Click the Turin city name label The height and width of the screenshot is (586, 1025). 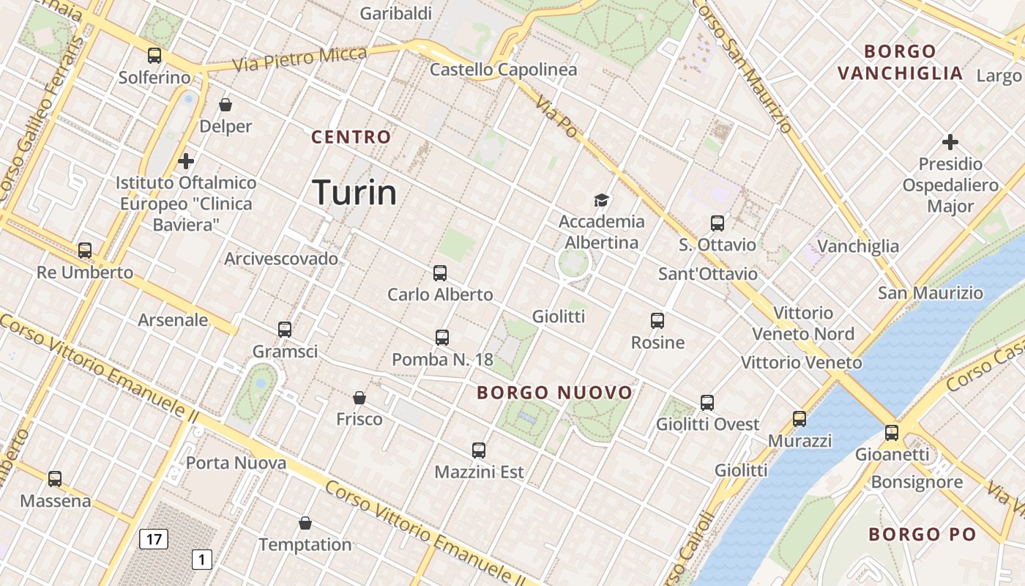tap(355, 193)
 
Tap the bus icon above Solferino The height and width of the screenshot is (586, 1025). tap(154, 55)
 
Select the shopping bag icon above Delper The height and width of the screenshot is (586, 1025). tap(225, 105)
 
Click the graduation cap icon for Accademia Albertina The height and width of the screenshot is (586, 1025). tap(602, 200)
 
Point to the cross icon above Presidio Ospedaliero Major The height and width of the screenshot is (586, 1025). tap(950, 141)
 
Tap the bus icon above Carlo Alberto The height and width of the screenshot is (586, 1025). tap(440, 273)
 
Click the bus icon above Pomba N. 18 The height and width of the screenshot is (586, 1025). tap(442, 338)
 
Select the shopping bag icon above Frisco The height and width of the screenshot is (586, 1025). tap(359, 398)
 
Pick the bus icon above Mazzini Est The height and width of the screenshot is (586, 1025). tap(479, 450)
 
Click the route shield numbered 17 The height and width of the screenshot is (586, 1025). tap(154, 540)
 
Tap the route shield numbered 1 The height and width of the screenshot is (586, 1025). tap(201, 560)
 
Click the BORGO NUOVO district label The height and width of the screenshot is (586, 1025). tap(554, 393)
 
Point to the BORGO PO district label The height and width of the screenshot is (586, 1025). tap(922, 535)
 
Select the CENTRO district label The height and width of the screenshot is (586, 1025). tap(351, 137)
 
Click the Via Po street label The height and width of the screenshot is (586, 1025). tap(556, 116)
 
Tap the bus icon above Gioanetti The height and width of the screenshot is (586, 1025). tap(891, 433)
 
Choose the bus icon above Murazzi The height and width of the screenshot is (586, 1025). tap(799, 419)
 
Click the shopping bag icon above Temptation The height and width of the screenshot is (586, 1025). tap(305, 523)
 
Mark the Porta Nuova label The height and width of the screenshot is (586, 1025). tap(236, 463)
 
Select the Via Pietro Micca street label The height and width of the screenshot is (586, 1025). tap(300, 59)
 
